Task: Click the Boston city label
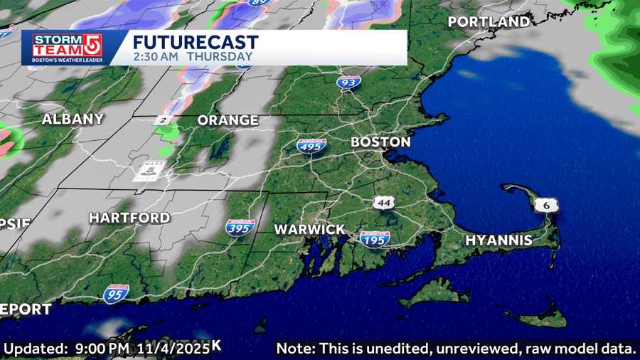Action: coord(380,142)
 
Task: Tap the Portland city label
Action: coord(489,22)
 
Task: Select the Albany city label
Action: coord(73,120)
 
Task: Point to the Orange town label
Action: coord(228,120)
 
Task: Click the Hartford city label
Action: coord(129,218)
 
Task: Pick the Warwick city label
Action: coord(309,230)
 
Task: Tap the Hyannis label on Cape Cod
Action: coord(498,240)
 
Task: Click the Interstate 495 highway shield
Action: coord(311,147)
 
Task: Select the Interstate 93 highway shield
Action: coord(349,83)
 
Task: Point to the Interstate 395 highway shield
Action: coord(240,228)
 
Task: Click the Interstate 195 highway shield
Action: coord(374,239)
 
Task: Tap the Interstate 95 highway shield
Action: coord(116,293)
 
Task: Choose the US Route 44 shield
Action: coord(383,203)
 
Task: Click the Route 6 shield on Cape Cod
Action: coord(546,205)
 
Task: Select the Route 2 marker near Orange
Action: coord(163,120)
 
